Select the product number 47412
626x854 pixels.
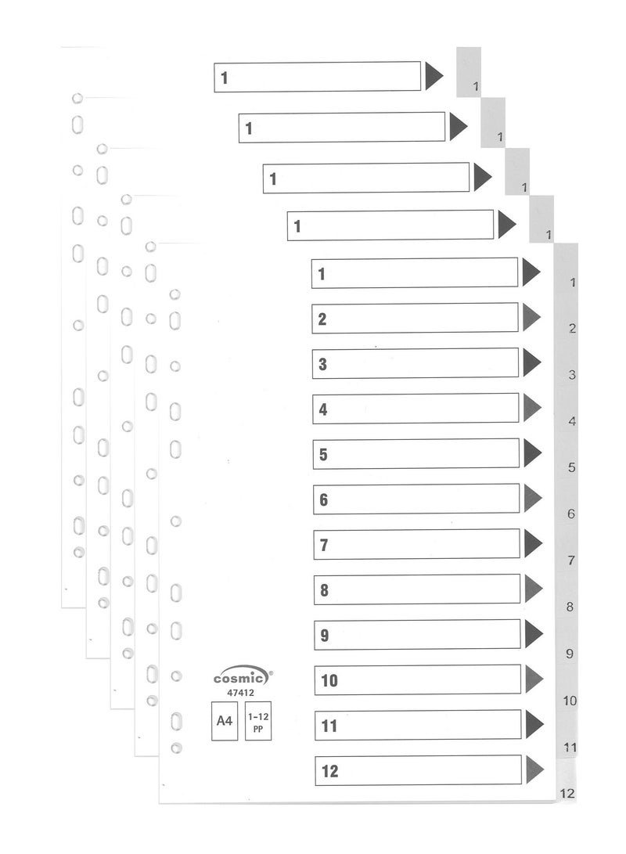240,693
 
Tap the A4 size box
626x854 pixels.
225,721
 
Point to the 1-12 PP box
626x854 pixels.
258,721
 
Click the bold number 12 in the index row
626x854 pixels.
330,771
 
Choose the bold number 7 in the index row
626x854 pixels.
324,545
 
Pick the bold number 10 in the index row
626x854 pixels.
329,681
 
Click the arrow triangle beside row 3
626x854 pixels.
532,362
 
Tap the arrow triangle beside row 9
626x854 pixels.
534,634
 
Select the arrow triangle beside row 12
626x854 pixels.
535,769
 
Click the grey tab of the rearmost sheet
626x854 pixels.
469,72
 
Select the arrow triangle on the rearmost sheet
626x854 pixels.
434,76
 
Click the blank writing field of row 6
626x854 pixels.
416,499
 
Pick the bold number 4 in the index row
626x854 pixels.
323,409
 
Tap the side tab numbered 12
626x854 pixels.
566,781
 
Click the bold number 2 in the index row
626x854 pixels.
322,319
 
